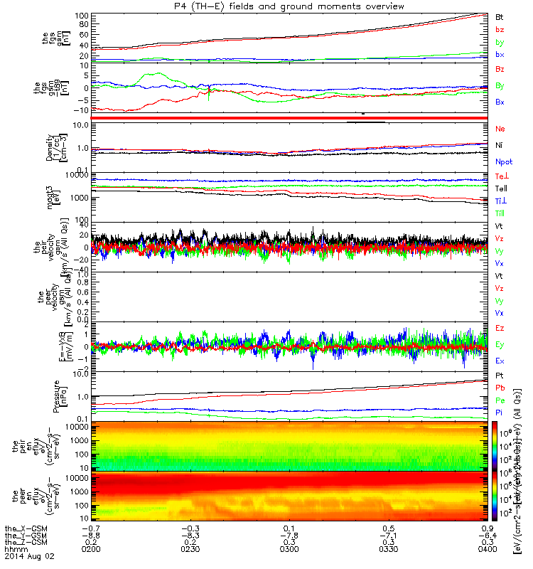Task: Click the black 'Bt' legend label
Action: [500, 16]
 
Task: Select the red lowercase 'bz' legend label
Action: [500, 29]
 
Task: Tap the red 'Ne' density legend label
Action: [500, 129]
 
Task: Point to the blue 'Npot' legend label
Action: [504, 161]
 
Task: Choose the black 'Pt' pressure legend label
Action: [500, 374]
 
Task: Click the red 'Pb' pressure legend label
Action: [500, 387]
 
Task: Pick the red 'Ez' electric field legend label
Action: [500, 328]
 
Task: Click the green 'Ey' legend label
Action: [500, 344]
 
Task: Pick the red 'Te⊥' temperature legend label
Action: [501, 175]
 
